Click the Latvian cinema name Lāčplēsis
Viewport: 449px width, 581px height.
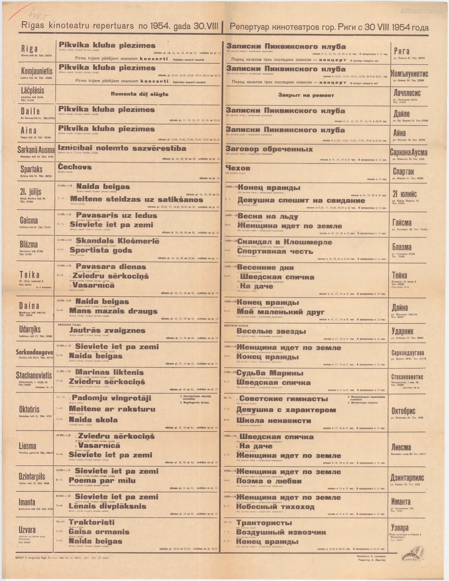pyautogui.click(x=36, y=90)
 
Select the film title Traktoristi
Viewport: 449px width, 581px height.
pyautogui.click(x=92, y=522)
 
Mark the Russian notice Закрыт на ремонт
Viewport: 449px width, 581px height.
pyautogui.click(x=306, y=95)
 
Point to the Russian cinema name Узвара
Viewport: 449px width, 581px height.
pyautogui.click(x=402, y=527)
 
